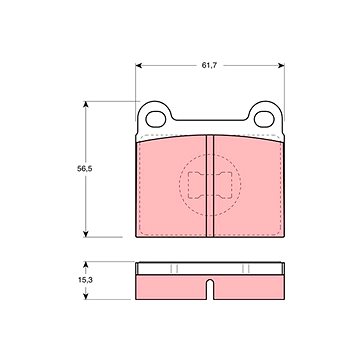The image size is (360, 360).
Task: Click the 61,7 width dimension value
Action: click(x=209, y=66)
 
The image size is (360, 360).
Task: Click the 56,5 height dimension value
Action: click(x=85, y=169)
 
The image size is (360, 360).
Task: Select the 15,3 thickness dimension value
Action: click(x=85, y=280)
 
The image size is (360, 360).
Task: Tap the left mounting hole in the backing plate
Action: click(x=156, y=119)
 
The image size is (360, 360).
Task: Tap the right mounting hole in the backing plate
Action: click(x=264, y=119)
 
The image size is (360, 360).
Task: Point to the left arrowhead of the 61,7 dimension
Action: click(x=139, y=66)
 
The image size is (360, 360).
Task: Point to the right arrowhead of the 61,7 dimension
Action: click(x=281, y=66)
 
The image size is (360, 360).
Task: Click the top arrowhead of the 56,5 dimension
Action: click(x=86, y=105)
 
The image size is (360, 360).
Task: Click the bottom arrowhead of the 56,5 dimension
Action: click(x=86, y=233)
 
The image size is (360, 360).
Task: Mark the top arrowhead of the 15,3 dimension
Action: click(x=86, y=265)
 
